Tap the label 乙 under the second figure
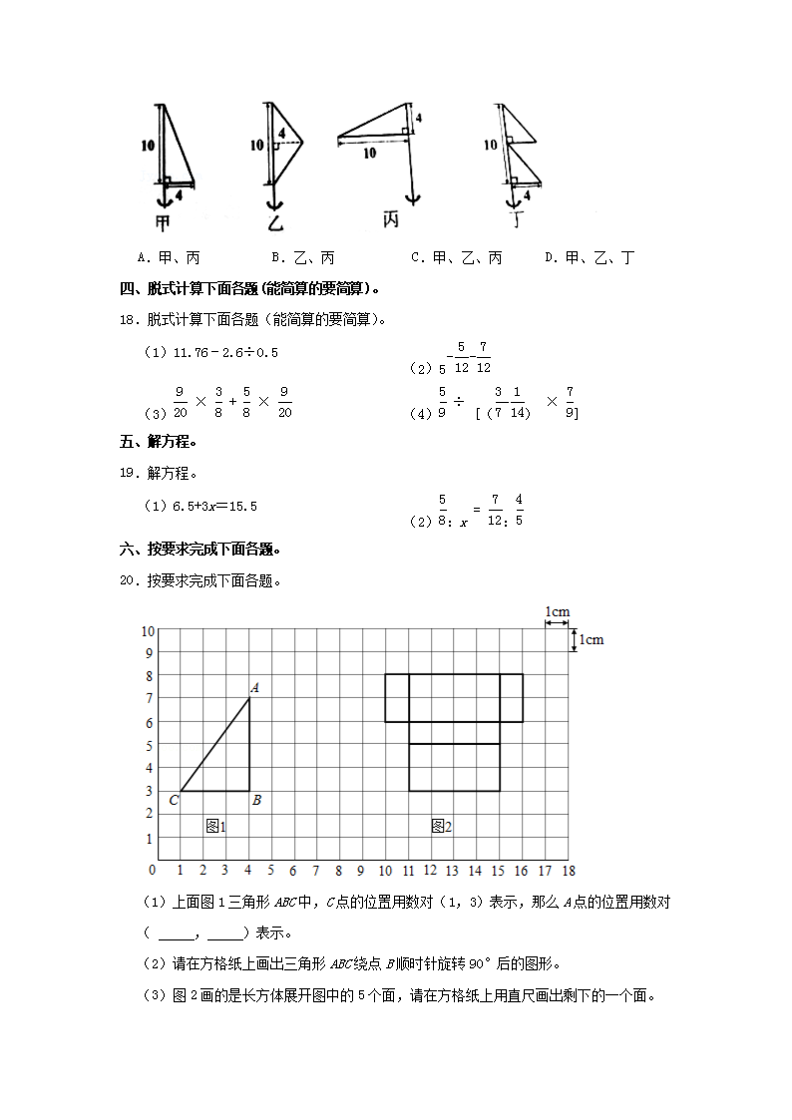pos(274,222)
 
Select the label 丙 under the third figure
pos(392,219)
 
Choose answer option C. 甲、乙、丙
pos(457,258)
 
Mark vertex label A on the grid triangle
pos(254,687)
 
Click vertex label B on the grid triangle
pos(256,800)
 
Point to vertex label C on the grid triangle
pos(174,800)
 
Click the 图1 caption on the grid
pos(216,826)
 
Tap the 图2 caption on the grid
pos(441,826)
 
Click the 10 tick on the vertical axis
pos(148,630)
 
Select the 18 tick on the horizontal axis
pos(568,871)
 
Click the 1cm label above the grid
pos(557,612)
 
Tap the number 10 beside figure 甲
pos(148,146)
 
